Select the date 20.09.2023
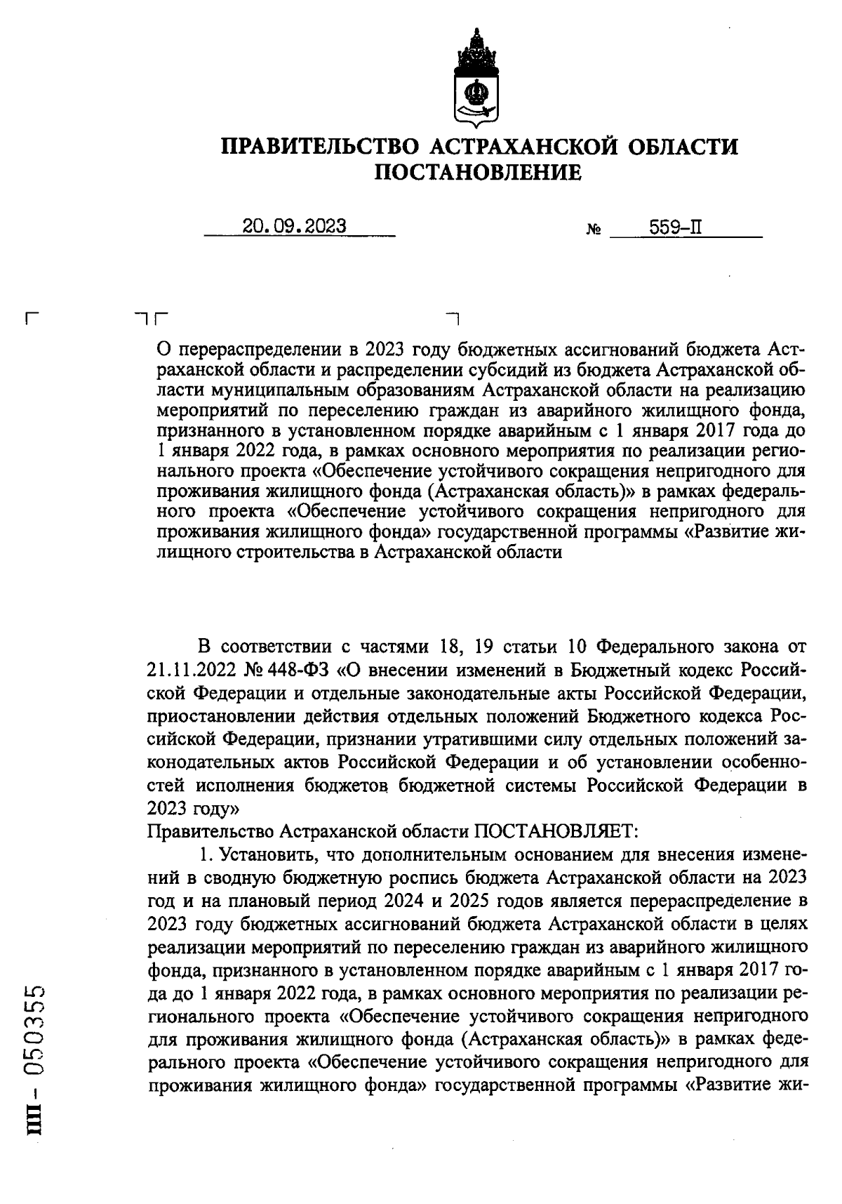(x=294, y=227)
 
